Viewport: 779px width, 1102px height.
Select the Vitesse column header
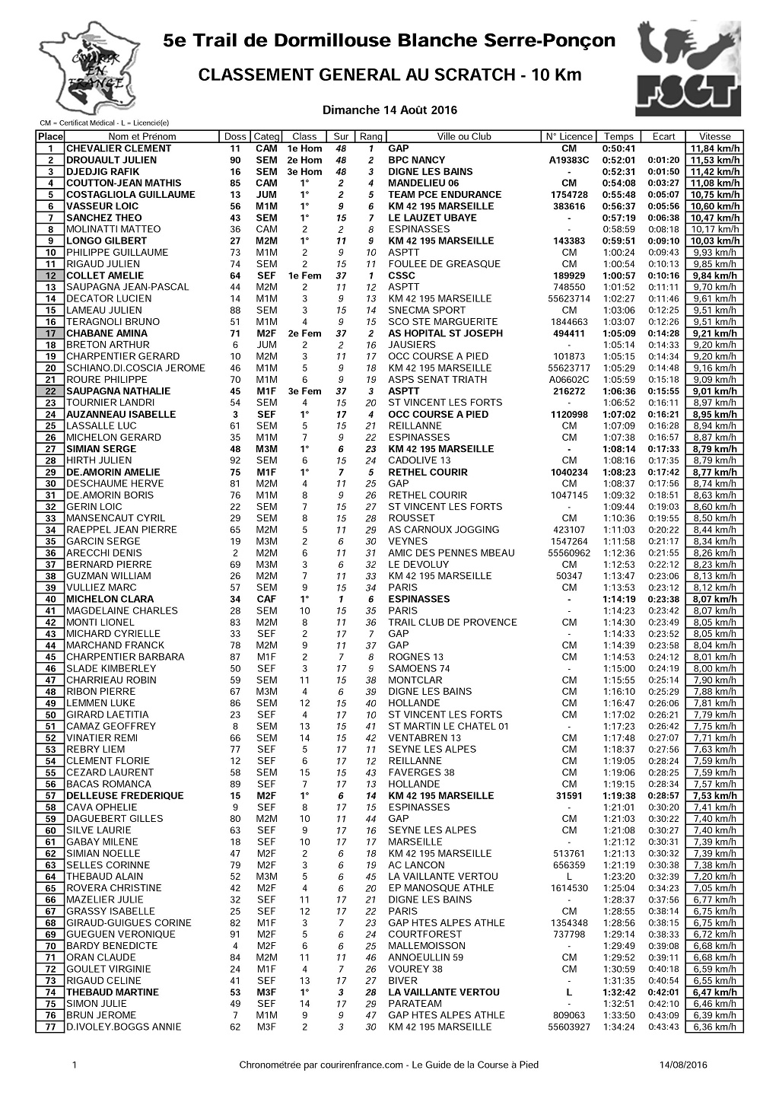[714, 137]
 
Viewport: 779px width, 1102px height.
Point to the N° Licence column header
[568, 137]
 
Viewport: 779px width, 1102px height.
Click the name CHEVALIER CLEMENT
[119, 148]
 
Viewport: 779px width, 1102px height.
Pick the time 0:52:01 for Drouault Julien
[618, 160]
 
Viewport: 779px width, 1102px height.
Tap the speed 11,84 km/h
[714, 148]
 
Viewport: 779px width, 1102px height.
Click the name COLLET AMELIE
[105, 275]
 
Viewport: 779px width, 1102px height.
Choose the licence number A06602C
[568, 380]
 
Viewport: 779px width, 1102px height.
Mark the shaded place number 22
[50, 391]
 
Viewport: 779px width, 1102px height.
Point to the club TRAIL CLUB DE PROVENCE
[452, 622]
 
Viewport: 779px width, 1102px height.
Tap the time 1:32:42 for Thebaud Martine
[618, 992]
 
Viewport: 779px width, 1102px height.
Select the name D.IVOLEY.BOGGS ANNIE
[124, 1027]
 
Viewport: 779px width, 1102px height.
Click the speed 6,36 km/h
[714, 1027]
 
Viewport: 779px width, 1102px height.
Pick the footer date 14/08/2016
[684, 1065]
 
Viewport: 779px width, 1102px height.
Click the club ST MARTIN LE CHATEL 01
[448, 726]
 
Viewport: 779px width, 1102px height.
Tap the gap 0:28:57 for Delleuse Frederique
[663, 795]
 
